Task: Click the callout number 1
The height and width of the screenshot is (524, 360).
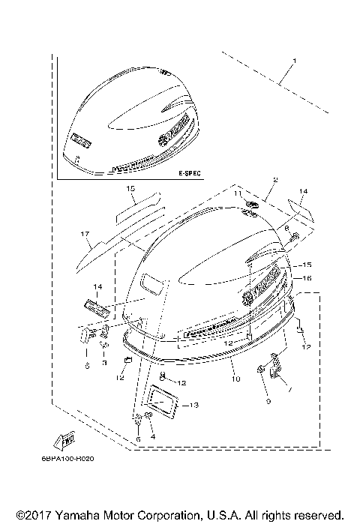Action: [x=295, y=61]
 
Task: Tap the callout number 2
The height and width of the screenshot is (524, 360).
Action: [x=255, y=180]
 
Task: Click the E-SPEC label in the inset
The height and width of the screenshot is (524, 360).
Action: [x=190, y=173]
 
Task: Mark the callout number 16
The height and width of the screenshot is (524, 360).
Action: [x=307, y=277]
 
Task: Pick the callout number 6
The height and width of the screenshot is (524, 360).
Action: [x=137, y=439]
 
